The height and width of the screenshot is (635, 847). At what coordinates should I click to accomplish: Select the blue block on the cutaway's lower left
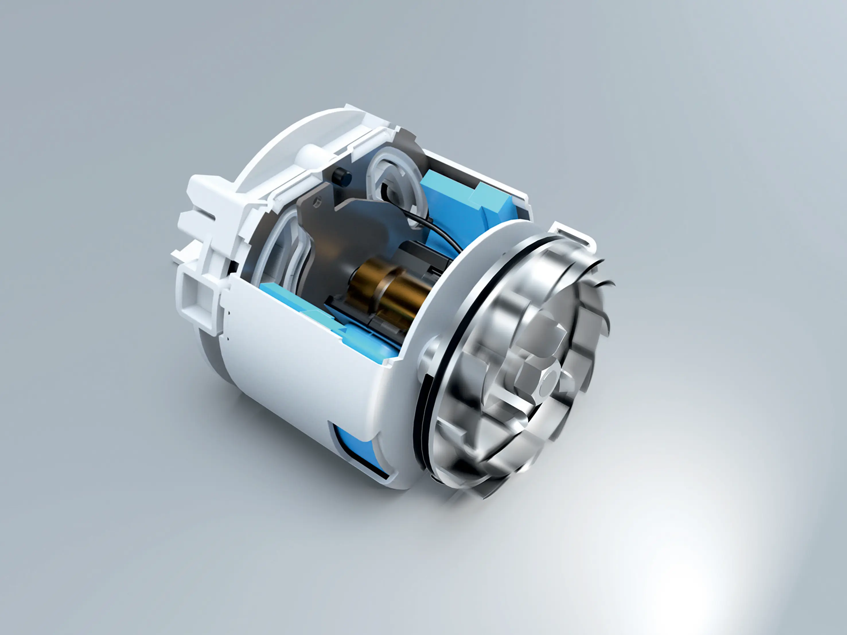[x=280, y=295]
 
